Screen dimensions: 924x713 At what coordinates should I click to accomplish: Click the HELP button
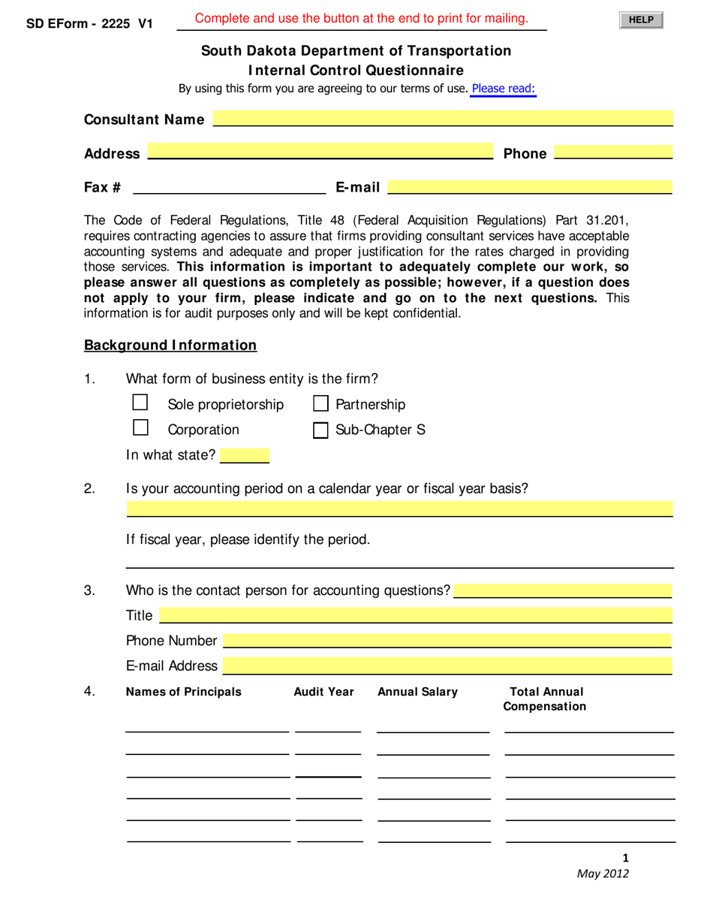[641, 20]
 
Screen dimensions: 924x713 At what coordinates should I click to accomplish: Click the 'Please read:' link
[504, 89]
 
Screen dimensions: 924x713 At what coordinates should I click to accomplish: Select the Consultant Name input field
[443, 119]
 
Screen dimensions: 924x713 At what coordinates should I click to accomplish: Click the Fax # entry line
[229, 186]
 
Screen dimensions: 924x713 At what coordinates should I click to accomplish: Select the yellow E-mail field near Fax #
[529, 186]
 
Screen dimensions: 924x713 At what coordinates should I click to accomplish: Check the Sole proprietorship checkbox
[140, 403]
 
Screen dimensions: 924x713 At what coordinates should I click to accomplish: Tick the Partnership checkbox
[320, 404]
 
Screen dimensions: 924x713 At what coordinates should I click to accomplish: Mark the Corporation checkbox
[140, 428]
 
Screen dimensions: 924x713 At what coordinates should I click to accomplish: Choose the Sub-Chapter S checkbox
[320, 430]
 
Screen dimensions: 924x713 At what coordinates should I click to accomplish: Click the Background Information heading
[170, 346]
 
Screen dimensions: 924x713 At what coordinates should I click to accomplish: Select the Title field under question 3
[416, 616]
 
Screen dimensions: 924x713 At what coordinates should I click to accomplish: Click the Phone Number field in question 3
[447, 641]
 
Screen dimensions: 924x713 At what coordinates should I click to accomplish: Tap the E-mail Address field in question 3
[447, 666]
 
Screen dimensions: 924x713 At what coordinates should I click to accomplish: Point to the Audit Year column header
[323, 692]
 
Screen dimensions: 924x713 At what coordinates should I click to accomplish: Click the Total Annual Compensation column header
[545, 699]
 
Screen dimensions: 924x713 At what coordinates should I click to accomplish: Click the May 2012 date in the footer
[603, 873]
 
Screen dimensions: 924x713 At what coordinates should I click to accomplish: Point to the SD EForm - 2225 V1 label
[89, 23]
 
